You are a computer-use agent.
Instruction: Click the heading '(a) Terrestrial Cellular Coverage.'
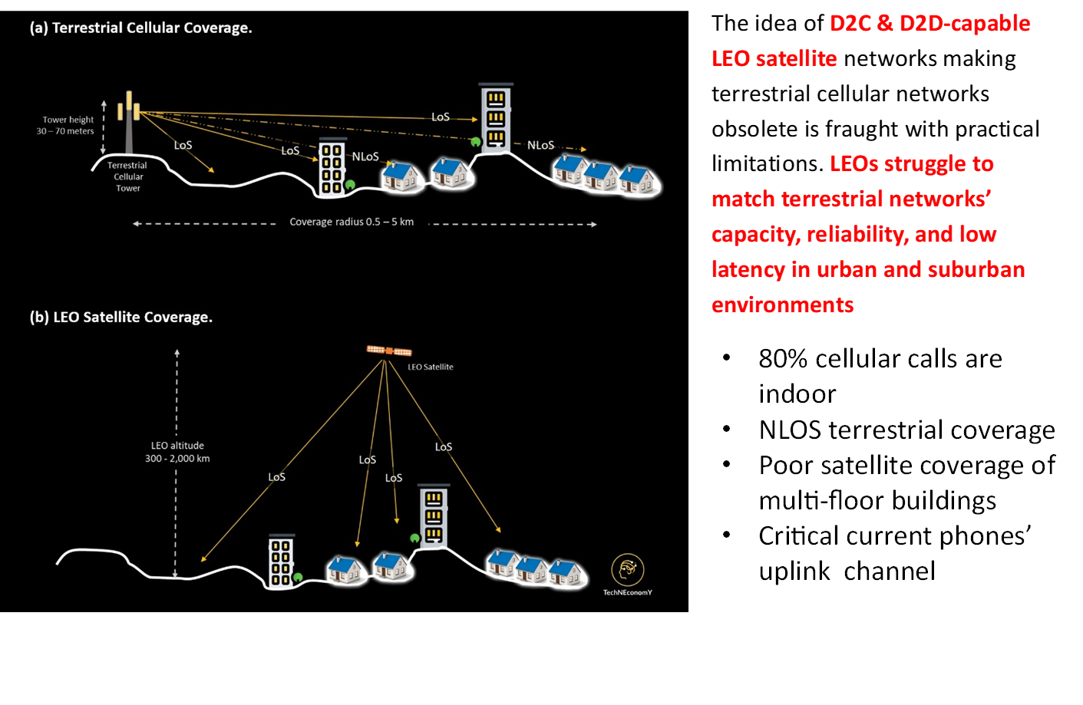tap(140, 28)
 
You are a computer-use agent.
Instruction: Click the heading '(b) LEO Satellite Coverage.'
tap(121, 317)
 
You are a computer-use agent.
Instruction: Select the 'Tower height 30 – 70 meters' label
tap(67, 125)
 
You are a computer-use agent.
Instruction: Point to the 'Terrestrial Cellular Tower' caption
tap(127, 176)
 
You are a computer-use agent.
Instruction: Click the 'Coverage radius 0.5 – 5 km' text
tap(352, 222)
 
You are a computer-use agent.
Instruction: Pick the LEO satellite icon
tap(389, 351)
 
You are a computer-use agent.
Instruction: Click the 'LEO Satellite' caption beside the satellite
tap(430, 367)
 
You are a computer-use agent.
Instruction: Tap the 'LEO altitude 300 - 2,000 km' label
tap(177, 452)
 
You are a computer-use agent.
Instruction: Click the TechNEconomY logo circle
tap(627, 569)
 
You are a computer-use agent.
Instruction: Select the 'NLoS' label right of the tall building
tap(540, 145)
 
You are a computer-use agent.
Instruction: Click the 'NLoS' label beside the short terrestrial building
tap(365, 156)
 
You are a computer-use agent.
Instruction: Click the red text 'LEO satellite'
tap(774, 58)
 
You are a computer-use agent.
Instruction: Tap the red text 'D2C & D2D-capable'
tap(930, 23)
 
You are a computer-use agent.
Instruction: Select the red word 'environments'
tap(782, 305)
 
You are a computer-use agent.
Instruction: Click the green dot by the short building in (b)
tap(298, 578)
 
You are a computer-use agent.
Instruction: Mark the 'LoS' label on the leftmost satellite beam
tap(276, 477)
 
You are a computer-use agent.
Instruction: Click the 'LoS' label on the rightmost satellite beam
tap(444, 446)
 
